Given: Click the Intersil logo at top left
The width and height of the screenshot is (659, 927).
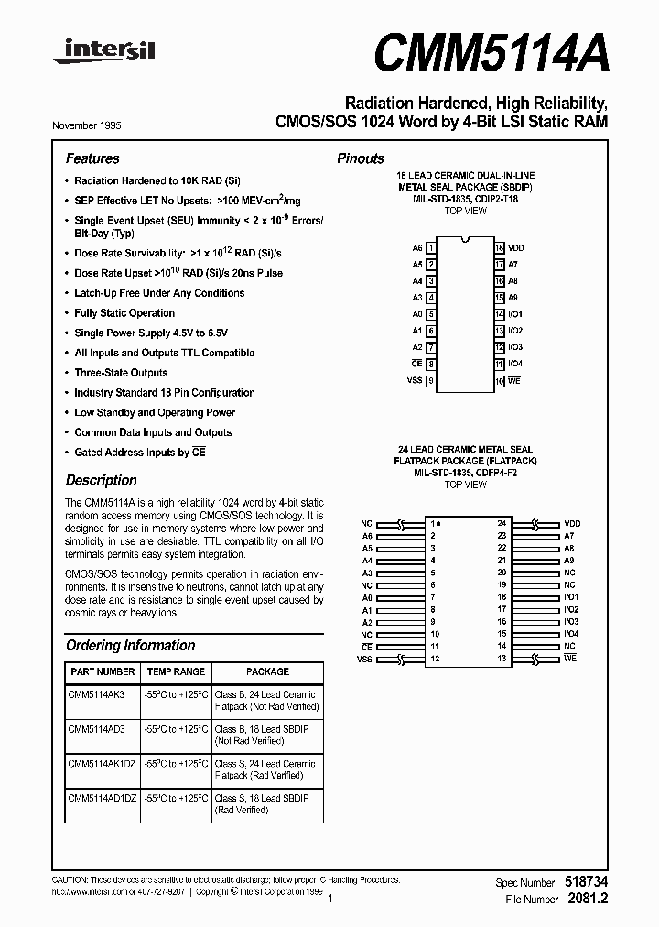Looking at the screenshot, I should pos(103,54).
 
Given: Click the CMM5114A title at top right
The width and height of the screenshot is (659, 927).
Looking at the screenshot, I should pos(491,53).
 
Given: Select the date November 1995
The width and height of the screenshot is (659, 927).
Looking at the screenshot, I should pos(87,125).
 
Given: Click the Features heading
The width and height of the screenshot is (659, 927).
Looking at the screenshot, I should pos(92,158).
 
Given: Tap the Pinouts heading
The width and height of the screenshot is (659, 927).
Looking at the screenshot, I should pos(361,158).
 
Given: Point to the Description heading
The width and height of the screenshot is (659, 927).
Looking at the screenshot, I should pos(102,480).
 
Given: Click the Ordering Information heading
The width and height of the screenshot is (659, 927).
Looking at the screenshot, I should pos(130,645).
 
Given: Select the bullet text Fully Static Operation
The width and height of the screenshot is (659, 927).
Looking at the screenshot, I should pos(124,313).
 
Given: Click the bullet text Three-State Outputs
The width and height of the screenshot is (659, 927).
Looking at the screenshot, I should pos(121,373).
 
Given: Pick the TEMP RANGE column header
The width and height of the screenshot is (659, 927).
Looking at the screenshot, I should pos(176,671).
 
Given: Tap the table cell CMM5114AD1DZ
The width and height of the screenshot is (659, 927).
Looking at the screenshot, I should pos(102,799).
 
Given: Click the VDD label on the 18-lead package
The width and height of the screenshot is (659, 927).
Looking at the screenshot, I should pos(516,248).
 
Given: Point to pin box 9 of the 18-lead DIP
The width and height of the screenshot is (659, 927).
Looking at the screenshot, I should pos(431,380).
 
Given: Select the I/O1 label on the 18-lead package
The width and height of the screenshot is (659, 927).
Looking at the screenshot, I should pos(515,314).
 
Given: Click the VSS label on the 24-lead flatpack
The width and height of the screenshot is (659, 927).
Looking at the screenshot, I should pos(366,659).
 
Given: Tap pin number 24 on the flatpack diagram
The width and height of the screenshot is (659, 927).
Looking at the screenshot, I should pos(502,523).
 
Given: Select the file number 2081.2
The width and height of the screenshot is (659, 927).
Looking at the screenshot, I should pos(588,899).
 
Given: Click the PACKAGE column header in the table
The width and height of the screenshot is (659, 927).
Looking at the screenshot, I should pos(267,671).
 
